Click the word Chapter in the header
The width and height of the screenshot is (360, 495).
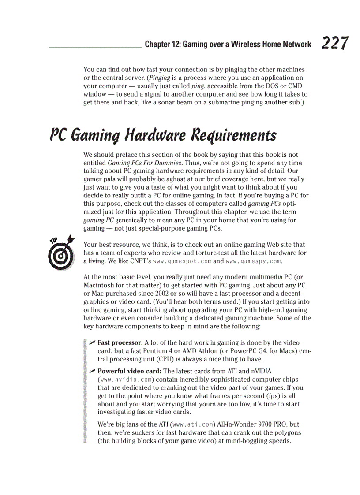tap(157, 44)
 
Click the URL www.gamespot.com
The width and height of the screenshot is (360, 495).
tap(182, 261)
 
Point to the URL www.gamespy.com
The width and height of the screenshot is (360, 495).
tap(253, 261)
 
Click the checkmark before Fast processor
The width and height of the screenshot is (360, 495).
tap(92, 342)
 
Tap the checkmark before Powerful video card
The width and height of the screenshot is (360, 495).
tap(92, 371)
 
